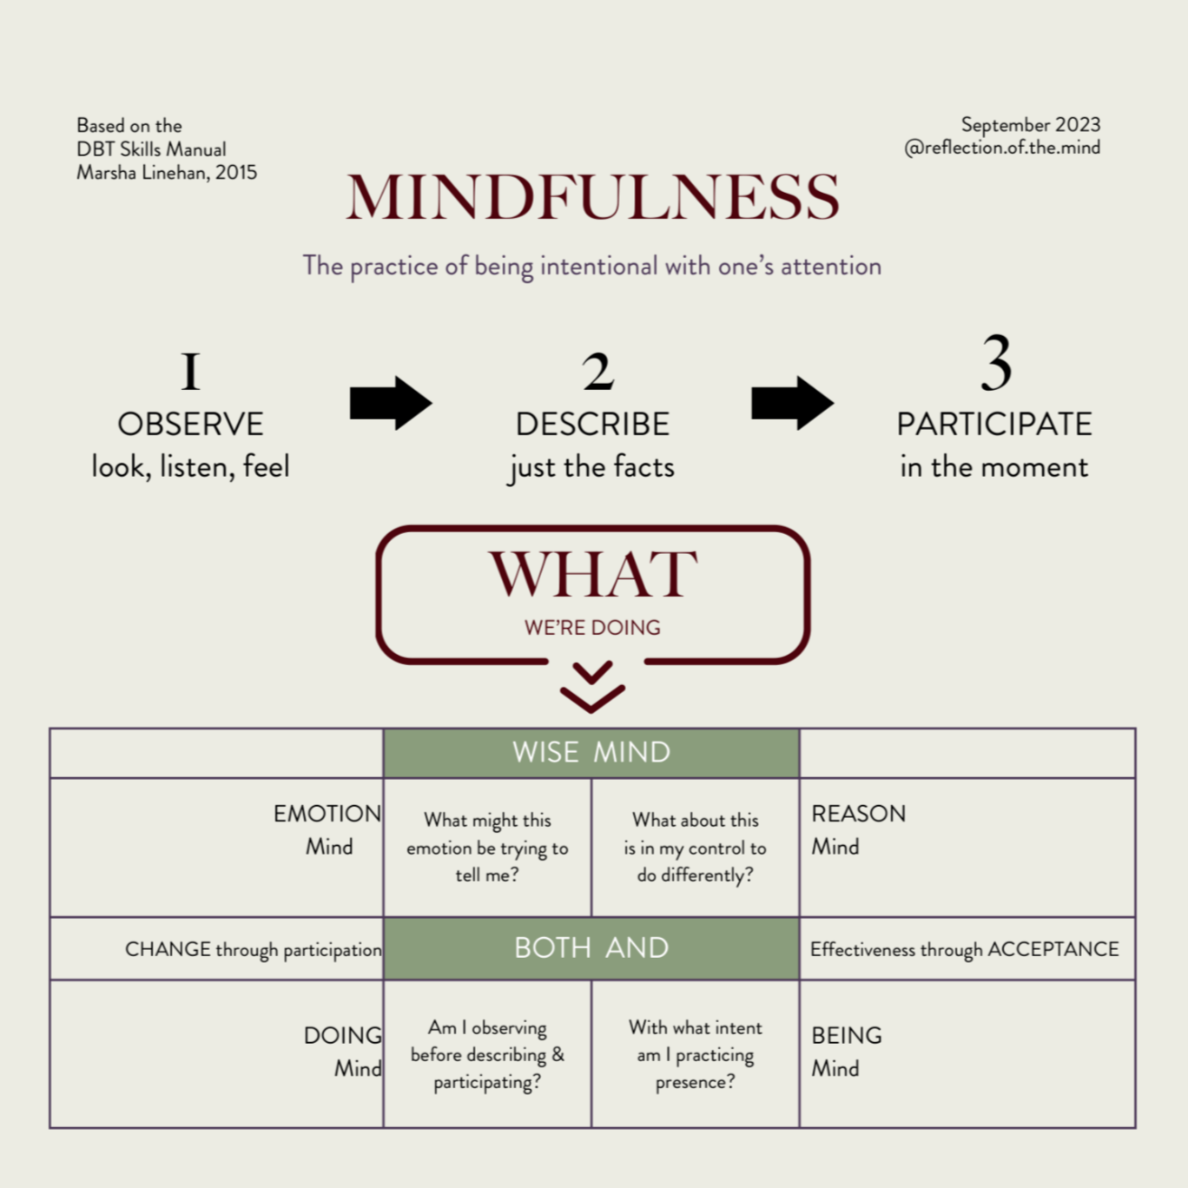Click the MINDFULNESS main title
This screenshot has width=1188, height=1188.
click(x=593, y=197)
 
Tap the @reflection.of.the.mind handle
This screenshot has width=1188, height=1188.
click(x=1002, y=148)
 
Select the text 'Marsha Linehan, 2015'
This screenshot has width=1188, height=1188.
click(x=167, y=173)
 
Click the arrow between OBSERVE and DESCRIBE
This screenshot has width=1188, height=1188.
click(x=391, y=403)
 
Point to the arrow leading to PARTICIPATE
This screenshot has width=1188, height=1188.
click(x=792, y=403)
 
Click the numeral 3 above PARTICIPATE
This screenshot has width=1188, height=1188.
click(x=996, y=364)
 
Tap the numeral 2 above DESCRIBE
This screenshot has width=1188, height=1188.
click(x=597, y=372)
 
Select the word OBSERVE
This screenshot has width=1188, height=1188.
click(x=190, y=425)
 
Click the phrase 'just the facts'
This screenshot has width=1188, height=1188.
click(x=592, y=467)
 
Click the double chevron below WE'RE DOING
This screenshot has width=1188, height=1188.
click(x=592, y=686)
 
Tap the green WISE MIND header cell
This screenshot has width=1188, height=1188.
click(x=591, y=752)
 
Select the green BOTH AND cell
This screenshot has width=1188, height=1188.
click(x=591, y=947)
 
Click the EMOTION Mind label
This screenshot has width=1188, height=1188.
click(x=327, y=829)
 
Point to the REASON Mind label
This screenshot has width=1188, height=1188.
click(x=858, y=829)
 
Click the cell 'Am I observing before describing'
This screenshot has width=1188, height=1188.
click(x=487, y=1054)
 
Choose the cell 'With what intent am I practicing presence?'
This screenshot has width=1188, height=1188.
click(x=696, y=1054)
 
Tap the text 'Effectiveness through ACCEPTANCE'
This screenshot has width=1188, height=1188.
click(x=964, y=949)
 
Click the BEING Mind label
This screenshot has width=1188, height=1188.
click(x=847, y=1051)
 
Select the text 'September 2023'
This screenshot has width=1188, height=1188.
click(x=1030, y=125)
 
